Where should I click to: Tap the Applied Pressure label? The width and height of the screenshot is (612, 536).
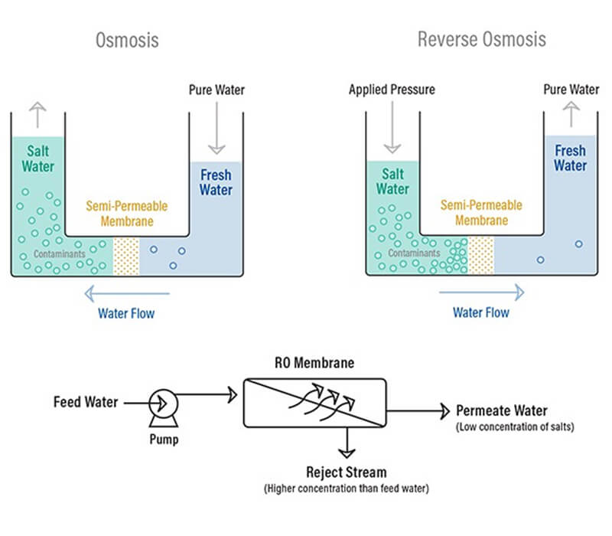click(x=392, y=90)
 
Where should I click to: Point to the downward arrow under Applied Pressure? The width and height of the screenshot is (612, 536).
click(x=392, y=128)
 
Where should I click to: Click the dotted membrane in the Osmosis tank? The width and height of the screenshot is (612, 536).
click(x=127, y=254)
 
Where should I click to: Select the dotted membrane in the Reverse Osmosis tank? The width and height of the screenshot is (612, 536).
click(x=480, y=254)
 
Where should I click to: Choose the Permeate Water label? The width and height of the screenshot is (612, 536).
click(x=502, y=410)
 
